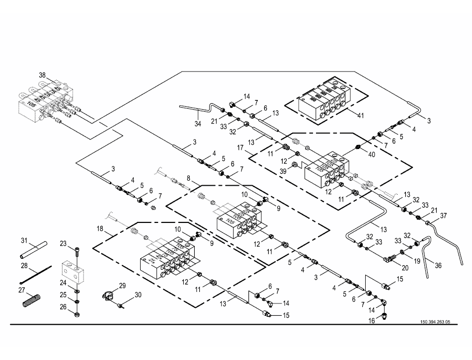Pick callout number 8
pos(188,177)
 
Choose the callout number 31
pos(23,241)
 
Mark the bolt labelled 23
pos(78,252)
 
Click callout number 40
pos(372,154)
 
